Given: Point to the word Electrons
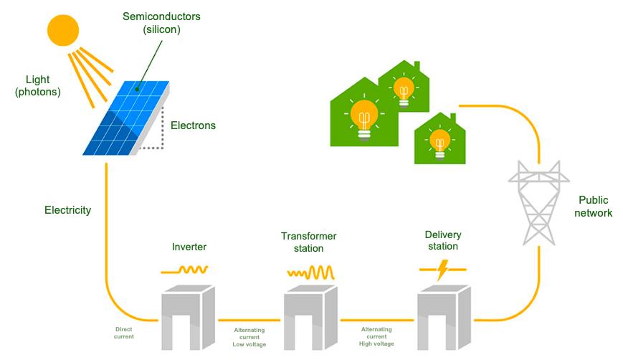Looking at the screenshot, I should [193, 125].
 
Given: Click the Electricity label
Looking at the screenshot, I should [67, 210].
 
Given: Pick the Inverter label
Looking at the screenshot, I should [189, 247].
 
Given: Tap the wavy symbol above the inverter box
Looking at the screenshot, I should [185, 270].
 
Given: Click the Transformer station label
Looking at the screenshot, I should [308, 242].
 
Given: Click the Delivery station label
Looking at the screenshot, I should [442, 241].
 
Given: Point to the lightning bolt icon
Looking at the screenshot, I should [442, 270].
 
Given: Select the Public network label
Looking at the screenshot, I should [595, 207].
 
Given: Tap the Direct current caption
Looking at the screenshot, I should [123, 333].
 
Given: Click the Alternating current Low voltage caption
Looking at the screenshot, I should [249, 337].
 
